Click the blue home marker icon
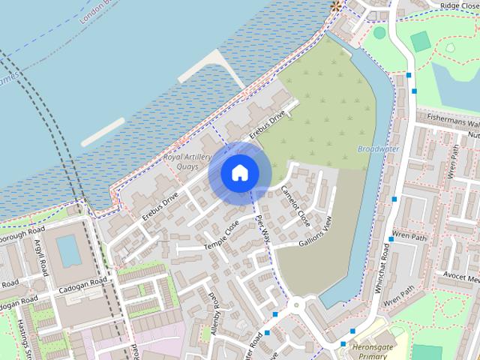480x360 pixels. click(240, 172)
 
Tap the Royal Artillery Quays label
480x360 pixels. click(187, 161)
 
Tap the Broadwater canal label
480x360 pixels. click(378, 148)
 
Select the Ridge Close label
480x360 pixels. click(459, 5)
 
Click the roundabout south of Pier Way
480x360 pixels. click(297, 304)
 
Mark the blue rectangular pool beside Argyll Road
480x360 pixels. click(69, 250)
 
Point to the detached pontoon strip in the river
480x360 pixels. click(103, 131)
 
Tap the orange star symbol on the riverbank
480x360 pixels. click(336, 6)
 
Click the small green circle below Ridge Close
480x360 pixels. click(379, 32)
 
